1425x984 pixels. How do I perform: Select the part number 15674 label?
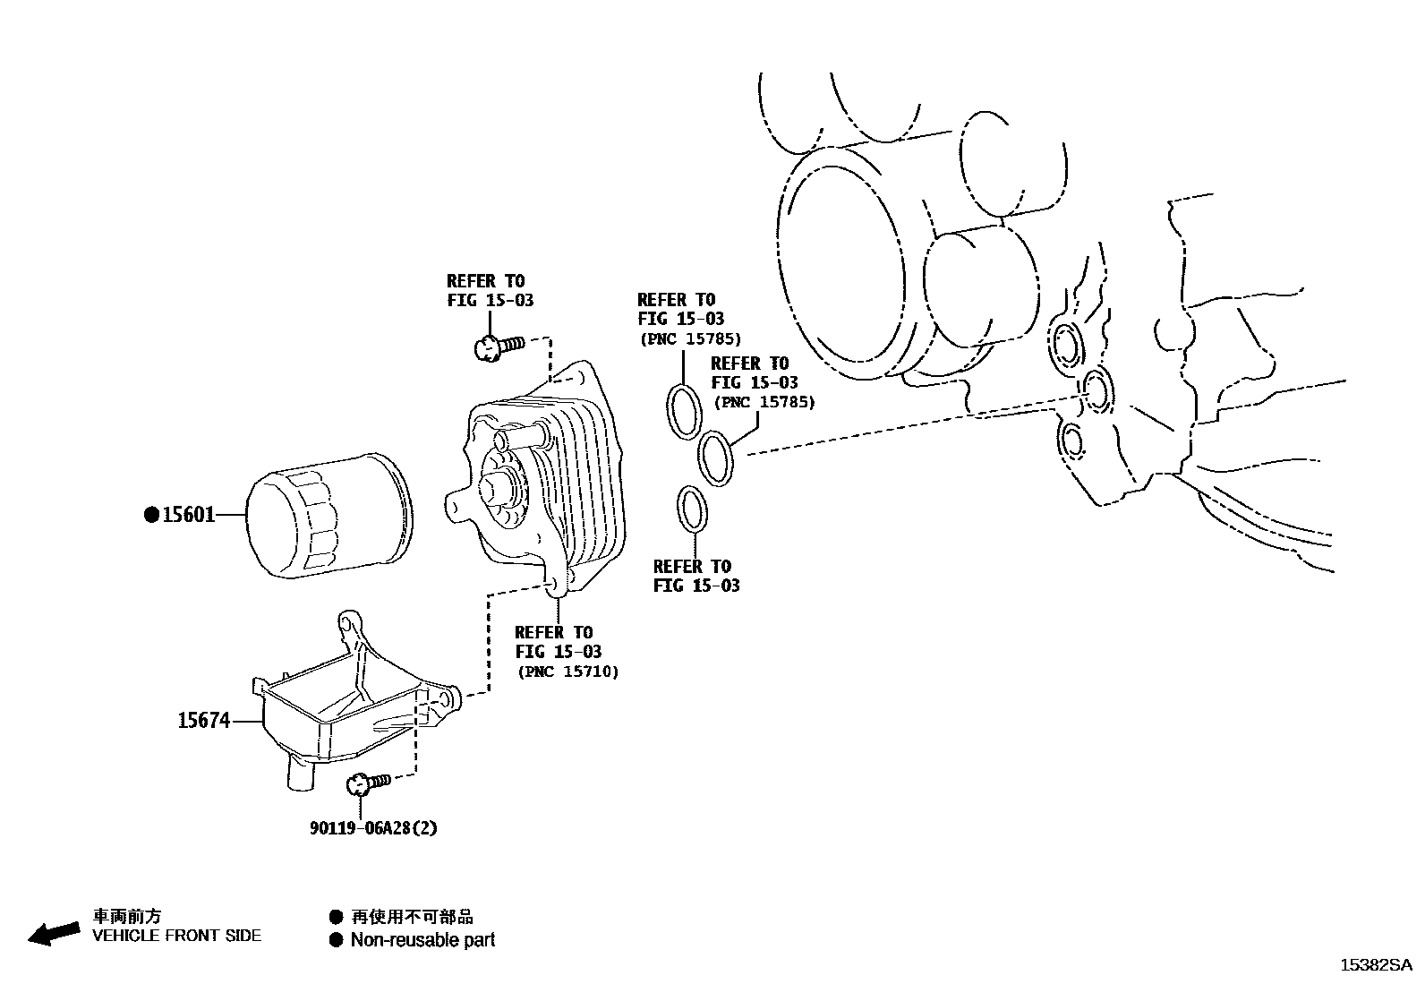coord(203,720)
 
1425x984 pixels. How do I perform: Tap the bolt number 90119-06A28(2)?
coord(373,828)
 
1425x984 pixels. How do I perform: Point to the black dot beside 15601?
coord(152,515)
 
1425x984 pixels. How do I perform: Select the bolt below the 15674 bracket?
coord(367,783)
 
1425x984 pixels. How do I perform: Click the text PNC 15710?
coord(567,672)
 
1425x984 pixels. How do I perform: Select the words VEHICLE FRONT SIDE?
coord(177,936)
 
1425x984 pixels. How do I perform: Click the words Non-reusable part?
coord(422,940)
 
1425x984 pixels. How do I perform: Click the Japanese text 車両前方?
coord(128,916)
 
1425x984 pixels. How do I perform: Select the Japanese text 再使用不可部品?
coord(412,917)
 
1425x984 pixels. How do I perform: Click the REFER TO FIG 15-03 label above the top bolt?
coord(490,291)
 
